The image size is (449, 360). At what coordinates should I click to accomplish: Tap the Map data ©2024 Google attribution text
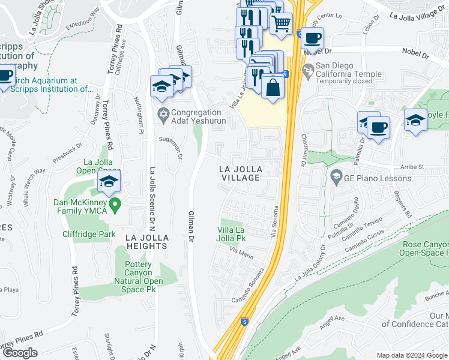point(412,355)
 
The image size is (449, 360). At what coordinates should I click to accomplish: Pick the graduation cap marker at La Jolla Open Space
point(109,181)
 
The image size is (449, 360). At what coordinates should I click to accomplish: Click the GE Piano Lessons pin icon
point(336,178)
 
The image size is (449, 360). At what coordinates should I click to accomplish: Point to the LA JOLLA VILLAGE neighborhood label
point(240,173)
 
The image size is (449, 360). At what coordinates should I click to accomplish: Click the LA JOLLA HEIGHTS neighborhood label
point(147,243)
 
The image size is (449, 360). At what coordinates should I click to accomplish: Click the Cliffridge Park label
point(89,234)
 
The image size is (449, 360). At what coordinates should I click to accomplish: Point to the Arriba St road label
point(412,166)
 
